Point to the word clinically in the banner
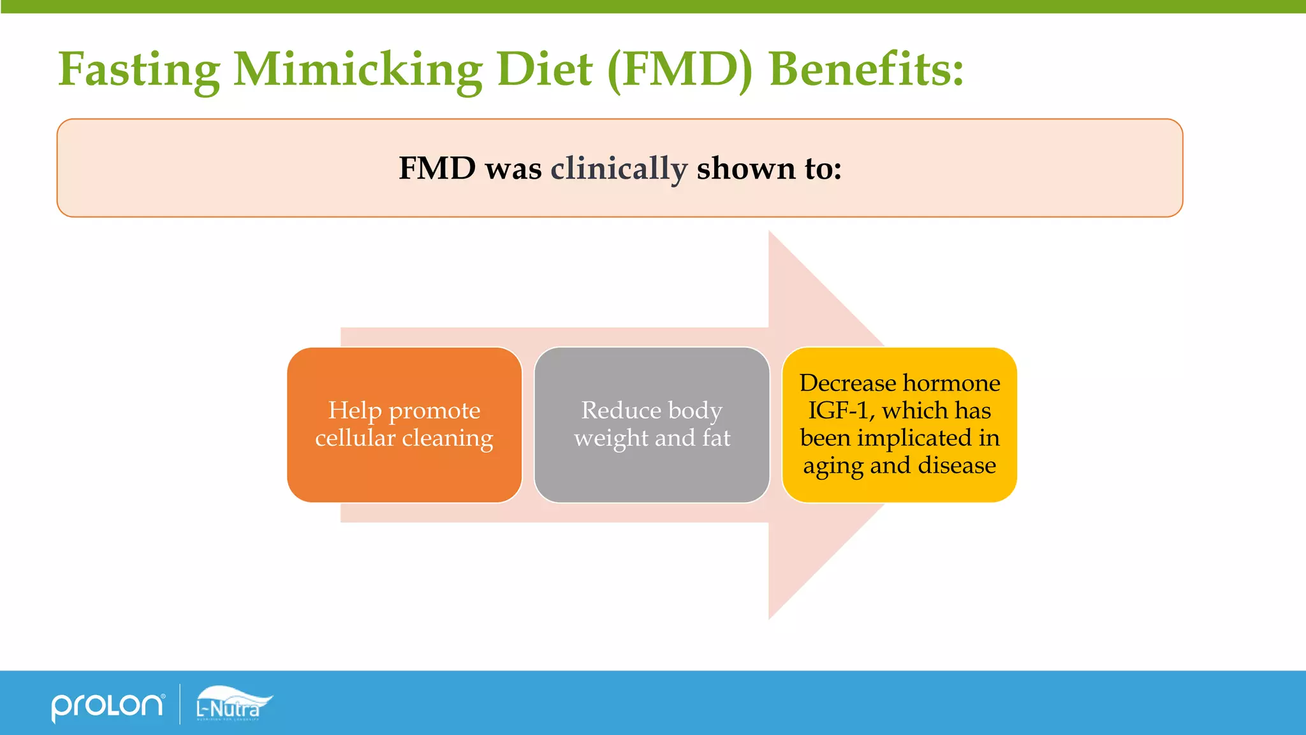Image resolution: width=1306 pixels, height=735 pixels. pos(619,168)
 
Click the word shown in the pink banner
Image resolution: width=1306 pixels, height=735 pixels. pos(746,168)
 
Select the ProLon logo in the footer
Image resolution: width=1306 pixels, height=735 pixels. pos(107,706)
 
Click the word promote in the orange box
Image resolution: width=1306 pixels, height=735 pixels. pos(434,410)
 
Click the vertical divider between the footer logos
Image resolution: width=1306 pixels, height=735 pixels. pos(180,704)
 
